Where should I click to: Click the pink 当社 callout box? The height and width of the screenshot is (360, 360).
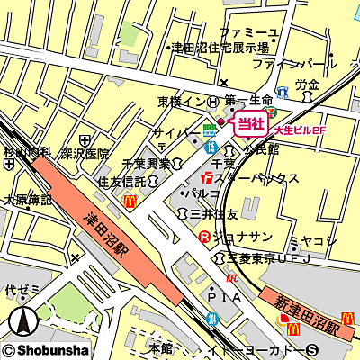250,124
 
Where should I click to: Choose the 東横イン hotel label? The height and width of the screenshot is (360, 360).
182,103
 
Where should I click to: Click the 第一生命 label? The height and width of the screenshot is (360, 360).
249,101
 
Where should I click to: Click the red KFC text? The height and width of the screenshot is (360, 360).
231,279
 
